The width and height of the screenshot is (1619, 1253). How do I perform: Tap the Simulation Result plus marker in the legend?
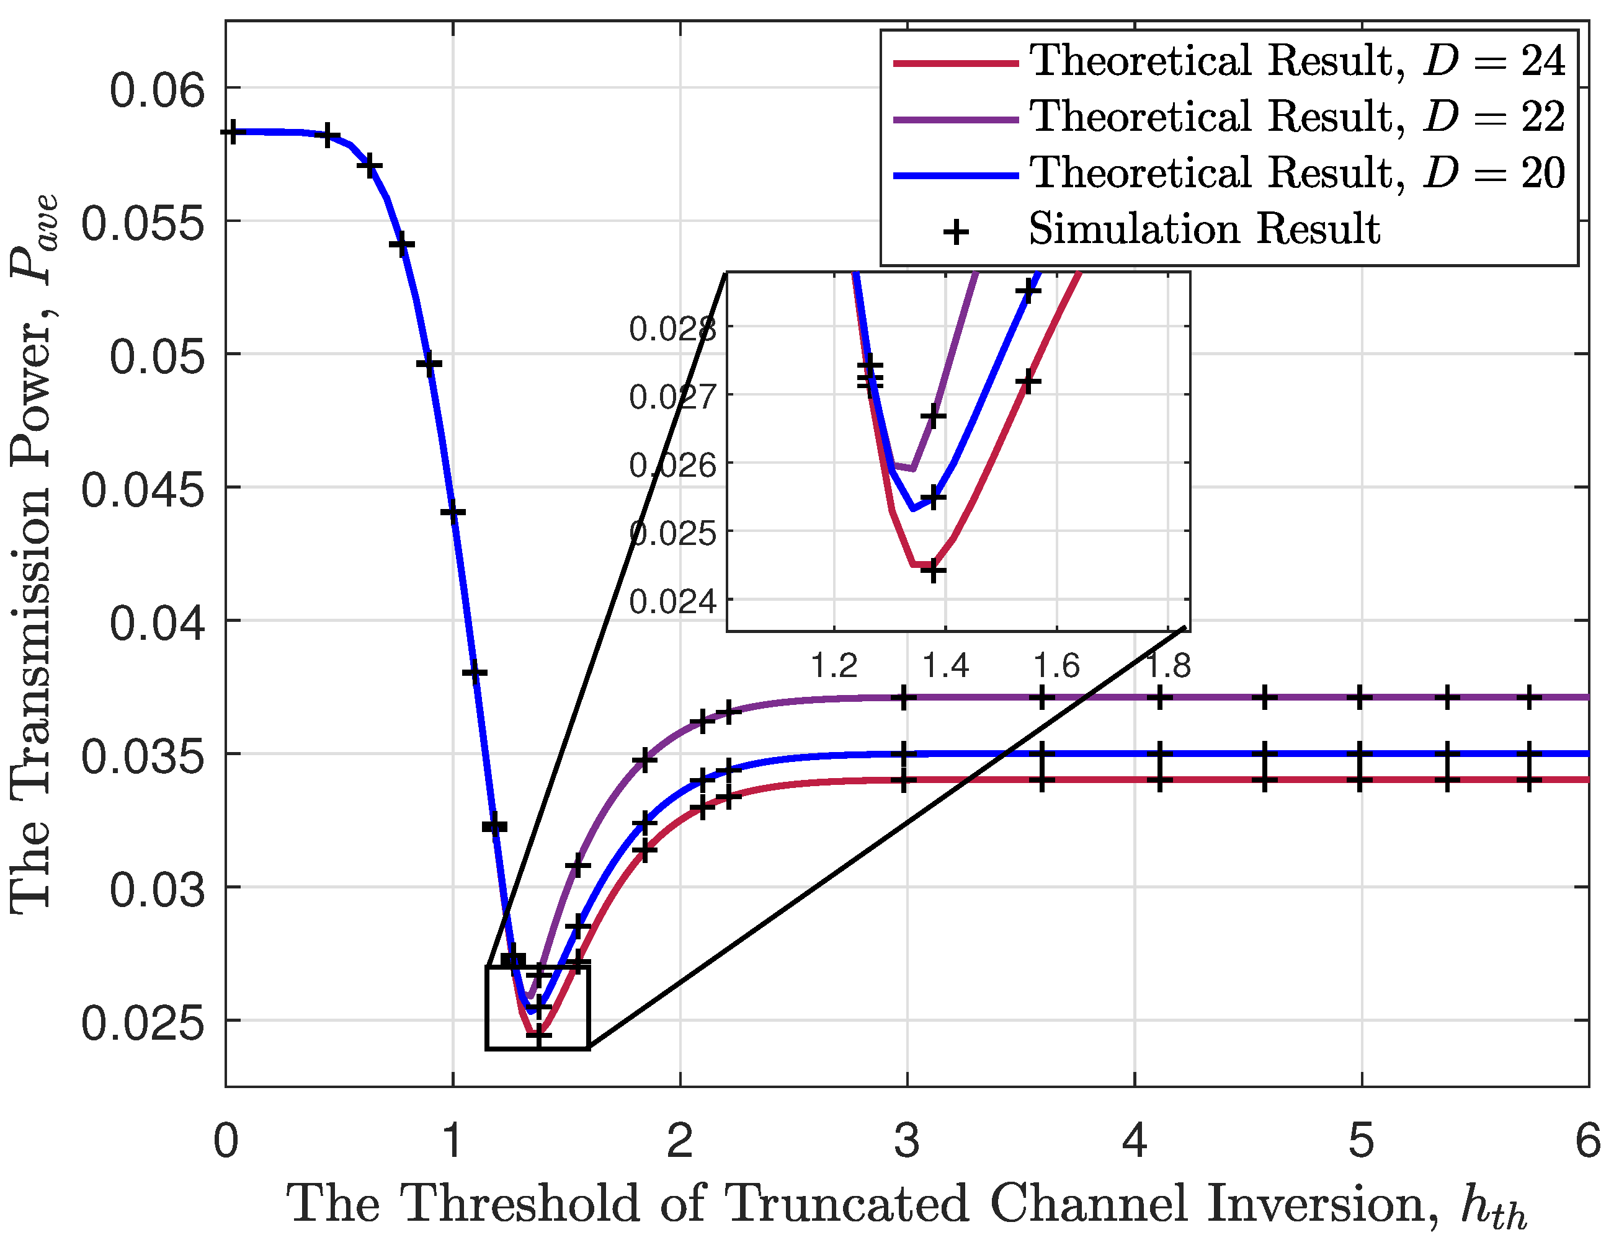click(957, 231)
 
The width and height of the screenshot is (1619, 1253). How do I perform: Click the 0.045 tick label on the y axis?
click(142, 490)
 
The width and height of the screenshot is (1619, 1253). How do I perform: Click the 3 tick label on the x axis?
click(907, 1140)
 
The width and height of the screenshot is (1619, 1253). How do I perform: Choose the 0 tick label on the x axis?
click(226, 1140)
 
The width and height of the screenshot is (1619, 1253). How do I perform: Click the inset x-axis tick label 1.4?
click(945, 665)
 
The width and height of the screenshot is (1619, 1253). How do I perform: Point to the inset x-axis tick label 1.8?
click(1168, 665)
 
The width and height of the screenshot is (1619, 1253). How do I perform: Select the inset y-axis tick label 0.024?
click(673, 601)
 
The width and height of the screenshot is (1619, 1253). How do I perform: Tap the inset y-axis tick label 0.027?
click(673, 396)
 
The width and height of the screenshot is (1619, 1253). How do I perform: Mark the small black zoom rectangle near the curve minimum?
click(537, 1007)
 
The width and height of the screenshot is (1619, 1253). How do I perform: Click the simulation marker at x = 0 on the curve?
click(232, 133)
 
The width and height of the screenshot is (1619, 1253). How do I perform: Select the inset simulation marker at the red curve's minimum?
click(934, 570)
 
